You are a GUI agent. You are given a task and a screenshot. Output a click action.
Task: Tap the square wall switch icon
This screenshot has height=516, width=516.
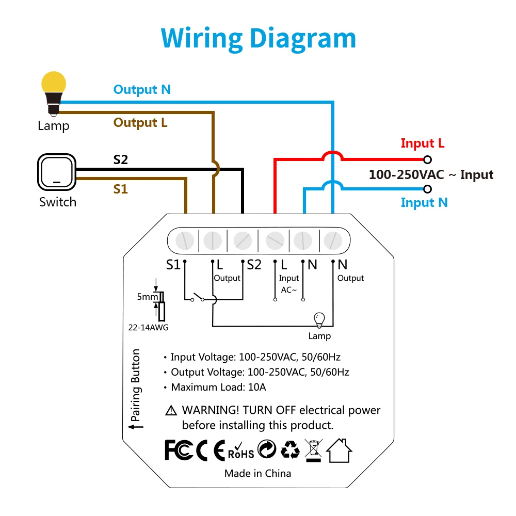pos(57,172)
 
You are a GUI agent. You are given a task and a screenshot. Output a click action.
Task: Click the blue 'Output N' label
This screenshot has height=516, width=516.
pos(142,90)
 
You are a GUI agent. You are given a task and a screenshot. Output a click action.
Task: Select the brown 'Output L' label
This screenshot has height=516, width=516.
pos(140,123)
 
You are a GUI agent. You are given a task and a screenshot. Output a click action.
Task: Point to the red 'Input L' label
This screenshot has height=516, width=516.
pos(423,143)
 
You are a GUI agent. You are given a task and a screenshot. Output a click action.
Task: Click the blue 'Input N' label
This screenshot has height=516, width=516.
pos(424,203)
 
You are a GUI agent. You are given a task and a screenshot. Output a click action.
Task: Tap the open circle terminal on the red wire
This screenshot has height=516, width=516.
pos(427,160)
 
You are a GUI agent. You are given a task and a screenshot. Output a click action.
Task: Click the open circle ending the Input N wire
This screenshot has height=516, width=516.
pos(427,189)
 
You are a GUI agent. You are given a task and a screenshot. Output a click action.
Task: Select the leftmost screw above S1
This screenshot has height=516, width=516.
pos(185,240)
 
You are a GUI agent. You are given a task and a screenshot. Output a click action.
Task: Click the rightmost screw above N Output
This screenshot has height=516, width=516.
pos(333,240)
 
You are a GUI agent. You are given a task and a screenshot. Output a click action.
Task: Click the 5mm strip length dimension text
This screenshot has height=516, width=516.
pos(148,297)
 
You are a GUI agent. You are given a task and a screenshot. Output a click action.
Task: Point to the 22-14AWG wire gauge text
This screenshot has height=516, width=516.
pos(149,328)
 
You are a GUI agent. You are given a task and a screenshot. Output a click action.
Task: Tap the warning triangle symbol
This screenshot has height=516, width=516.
pos(171,410)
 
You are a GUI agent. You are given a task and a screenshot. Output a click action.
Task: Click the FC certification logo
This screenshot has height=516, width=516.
pos(179,450)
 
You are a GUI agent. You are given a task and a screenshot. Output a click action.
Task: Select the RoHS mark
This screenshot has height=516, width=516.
pos(241,451)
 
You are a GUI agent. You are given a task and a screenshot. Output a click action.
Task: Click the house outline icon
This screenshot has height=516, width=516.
pos(340,450)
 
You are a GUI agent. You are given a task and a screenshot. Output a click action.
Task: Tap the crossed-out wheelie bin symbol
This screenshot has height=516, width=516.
pos(313,450)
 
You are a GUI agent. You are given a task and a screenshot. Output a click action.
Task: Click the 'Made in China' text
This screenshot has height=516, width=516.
pos(257,474)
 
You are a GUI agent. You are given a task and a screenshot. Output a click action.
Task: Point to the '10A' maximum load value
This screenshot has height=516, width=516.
pos(257,388)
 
